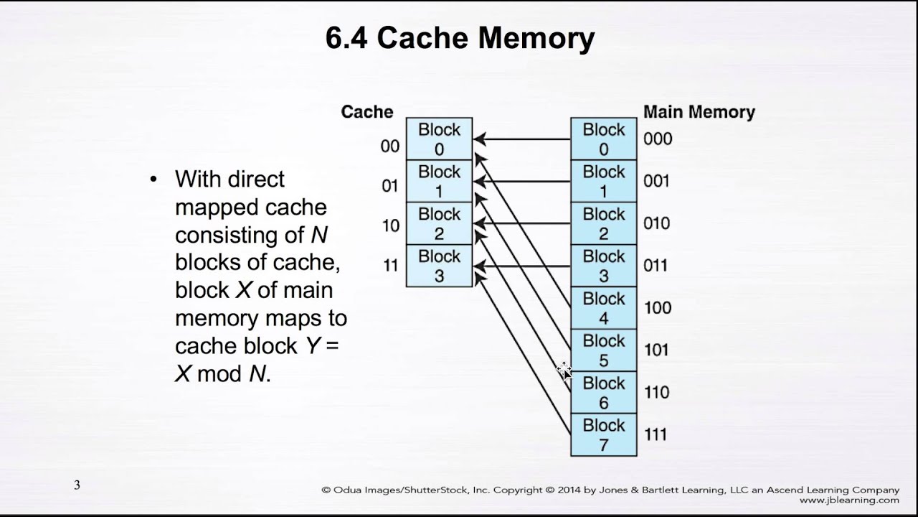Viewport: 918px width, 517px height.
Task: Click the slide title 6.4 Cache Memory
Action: pos(460,38)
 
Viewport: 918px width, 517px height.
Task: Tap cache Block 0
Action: pos(439,139)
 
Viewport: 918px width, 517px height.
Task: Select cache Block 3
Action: pos(439,266)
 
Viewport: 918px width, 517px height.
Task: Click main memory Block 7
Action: pos(603,435)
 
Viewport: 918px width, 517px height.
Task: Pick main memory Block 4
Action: pos(603,308)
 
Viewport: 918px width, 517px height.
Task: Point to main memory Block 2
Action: pos(603,223)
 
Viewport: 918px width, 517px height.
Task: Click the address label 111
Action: pos(655,434)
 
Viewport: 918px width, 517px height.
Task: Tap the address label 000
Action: pos(657,139)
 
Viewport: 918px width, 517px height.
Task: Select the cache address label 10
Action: pos(390,225)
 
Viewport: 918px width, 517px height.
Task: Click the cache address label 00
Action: pos(389,146)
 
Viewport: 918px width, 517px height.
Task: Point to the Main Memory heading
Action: pos(699,112)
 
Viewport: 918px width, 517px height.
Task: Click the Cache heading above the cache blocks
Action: pos(367,112)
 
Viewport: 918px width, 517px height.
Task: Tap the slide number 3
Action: pos(77,485)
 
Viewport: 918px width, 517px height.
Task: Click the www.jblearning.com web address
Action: pos(848,500)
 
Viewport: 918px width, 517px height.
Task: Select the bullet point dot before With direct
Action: pos(153,179)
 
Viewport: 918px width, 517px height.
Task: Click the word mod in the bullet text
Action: pos(219,374)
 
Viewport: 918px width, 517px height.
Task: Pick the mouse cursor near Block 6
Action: pos(564,371)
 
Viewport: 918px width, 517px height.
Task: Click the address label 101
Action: pos(656,350)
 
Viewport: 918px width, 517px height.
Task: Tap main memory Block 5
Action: pos(603,350)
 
